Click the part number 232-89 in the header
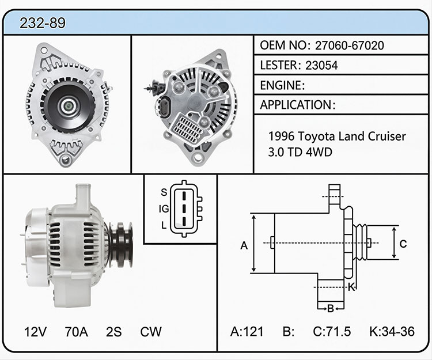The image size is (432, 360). tap(43, 23)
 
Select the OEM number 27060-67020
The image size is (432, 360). tap(350, 46)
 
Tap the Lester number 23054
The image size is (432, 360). tap(321, 65)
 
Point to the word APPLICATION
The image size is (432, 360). tap(296, 105)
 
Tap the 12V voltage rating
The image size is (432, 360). tap(35, 332)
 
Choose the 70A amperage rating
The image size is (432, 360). tap(76, 332)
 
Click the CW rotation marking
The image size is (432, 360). tap(151, 332)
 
